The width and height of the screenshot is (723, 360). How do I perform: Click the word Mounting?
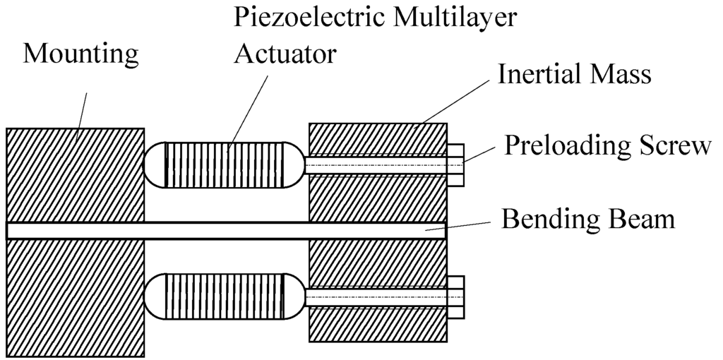click(80, 54)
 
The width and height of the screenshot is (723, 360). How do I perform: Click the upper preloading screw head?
click(455, 164)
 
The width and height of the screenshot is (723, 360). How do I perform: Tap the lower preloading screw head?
click(455, 297)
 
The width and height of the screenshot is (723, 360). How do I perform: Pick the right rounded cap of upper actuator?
click(294, 164)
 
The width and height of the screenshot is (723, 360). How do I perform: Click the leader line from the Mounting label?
click(81, 109)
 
